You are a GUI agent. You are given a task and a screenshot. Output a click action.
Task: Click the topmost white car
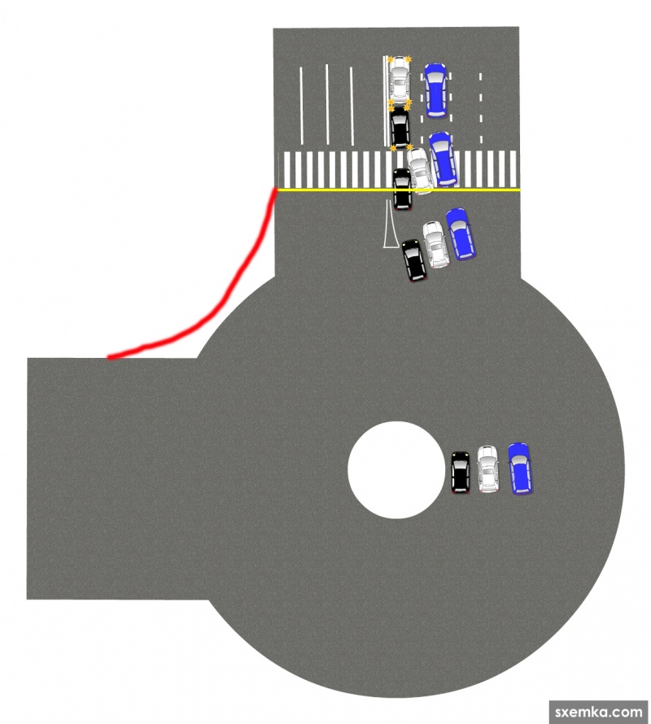click(x=399, y=80)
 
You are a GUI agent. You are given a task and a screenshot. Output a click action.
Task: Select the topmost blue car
click(x=435, y=89)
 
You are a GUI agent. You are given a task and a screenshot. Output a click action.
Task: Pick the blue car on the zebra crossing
click(x=443, y=159)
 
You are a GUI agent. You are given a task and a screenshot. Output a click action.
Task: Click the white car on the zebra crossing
click(x=420, y=171)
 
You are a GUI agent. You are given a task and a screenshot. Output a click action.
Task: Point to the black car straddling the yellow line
click(x=402, y=190)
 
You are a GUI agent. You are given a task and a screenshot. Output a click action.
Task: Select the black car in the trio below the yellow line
click(x=414, y=260)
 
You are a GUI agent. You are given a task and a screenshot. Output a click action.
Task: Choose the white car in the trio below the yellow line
click(x=435, y=245)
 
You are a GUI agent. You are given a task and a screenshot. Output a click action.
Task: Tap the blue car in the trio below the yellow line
click(x=461, y=233)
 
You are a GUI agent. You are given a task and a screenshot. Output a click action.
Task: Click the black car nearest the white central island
click(x=461, y=472)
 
